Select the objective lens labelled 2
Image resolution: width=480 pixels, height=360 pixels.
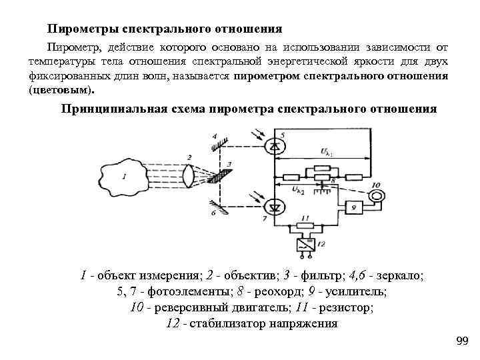click(x=191, y=176)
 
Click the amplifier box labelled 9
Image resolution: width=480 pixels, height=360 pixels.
click(x=355, y=207)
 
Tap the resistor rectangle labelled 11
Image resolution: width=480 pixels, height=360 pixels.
click(x=305, y=225)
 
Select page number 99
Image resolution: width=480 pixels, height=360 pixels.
click(x=462, y=341)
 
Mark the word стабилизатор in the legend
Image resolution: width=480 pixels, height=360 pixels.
click(x=227, y=324)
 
